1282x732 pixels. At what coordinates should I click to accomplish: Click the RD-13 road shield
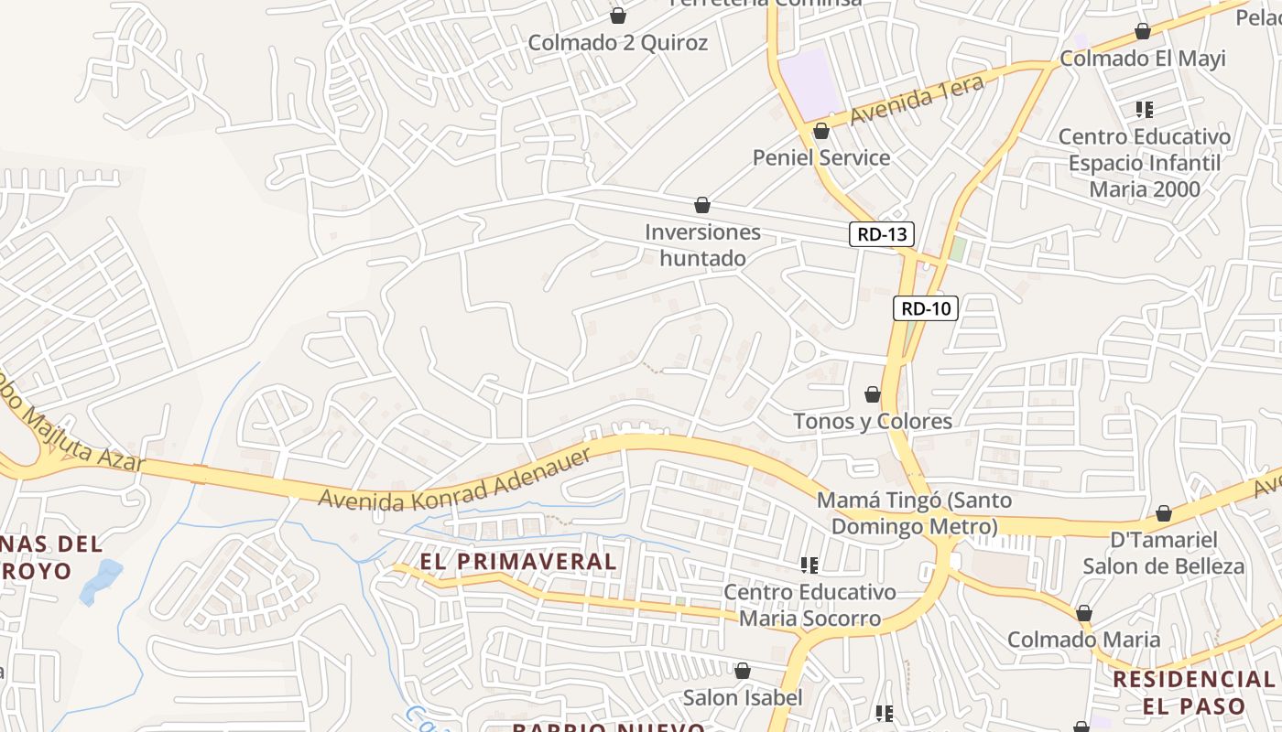coord(882,234)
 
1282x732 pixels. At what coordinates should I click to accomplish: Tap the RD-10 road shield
coord(926,308)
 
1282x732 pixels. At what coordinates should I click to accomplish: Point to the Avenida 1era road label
coord(917,101)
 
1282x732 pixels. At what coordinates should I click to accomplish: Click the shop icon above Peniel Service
coord(821,131)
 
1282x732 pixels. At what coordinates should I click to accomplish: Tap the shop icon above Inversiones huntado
coord(702,205)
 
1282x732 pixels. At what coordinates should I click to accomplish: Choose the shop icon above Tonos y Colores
coord(873,394)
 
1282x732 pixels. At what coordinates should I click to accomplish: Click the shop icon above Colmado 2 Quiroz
coord(618,16)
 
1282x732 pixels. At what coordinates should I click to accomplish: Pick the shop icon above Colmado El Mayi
coord(1143,32)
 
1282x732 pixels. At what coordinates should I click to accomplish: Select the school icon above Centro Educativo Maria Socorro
coord(809,565)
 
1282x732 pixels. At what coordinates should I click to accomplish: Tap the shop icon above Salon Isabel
coord(743,672)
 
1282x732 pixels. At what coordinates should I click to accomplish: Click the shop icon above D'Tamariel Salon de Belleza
coord(1164,513)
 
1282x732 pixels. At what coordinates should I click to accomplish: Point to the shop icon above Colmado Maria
coord(1084,613)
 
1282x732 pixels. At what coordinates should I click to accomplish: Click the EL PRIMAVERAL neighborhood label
coord(518,561)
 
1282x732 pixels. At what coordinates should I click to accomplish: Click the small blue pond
coord(101,581)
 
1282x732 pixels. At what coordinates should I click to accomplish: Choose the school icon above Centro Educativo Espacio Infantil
coord(1144,111)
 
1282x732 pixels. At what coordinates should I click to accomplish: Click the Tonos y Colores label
coord(873,422)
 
